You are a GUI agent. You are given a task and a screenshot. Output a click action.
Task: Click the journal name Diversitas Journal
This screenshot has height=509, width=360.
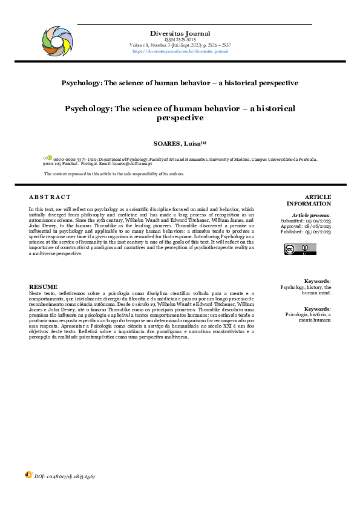(180, 33)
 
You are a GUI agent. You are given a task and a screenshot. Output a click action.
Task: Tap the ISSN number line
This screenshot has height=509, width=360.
(180, 39)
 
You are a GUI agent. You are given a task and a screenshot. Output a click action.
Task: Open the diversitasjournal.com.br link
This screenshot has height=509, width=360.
(180, 51)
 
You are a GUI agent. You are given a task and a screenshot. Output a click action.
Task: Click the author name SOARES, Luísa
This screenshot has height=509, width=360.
(180, 143)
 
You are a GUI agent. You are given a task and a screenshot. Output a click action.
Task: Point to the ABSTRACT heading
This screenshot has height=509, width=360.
(50, 197)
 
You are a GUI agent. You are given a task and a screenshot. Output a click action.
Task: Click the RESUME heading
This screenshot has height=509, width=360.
(44, 286)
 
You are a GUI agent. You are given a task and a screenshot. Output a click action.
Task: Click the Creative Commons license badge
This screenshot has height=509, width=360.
(300, 249)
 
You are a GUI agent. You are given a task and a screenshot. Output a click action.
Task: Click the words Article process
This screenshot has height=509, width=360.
(311, 215)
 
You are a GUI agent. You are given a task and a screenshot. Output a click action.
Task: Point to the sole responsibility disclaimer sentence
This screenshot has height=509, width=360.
(114, 174)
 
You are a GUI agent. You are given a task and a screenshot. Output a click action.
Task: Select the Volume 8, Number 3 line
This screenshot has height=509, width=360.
(180, 45)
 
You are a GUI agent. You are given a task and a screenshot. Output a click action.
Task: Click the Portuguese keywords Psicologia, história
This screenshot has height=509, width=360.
(308, 315)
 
